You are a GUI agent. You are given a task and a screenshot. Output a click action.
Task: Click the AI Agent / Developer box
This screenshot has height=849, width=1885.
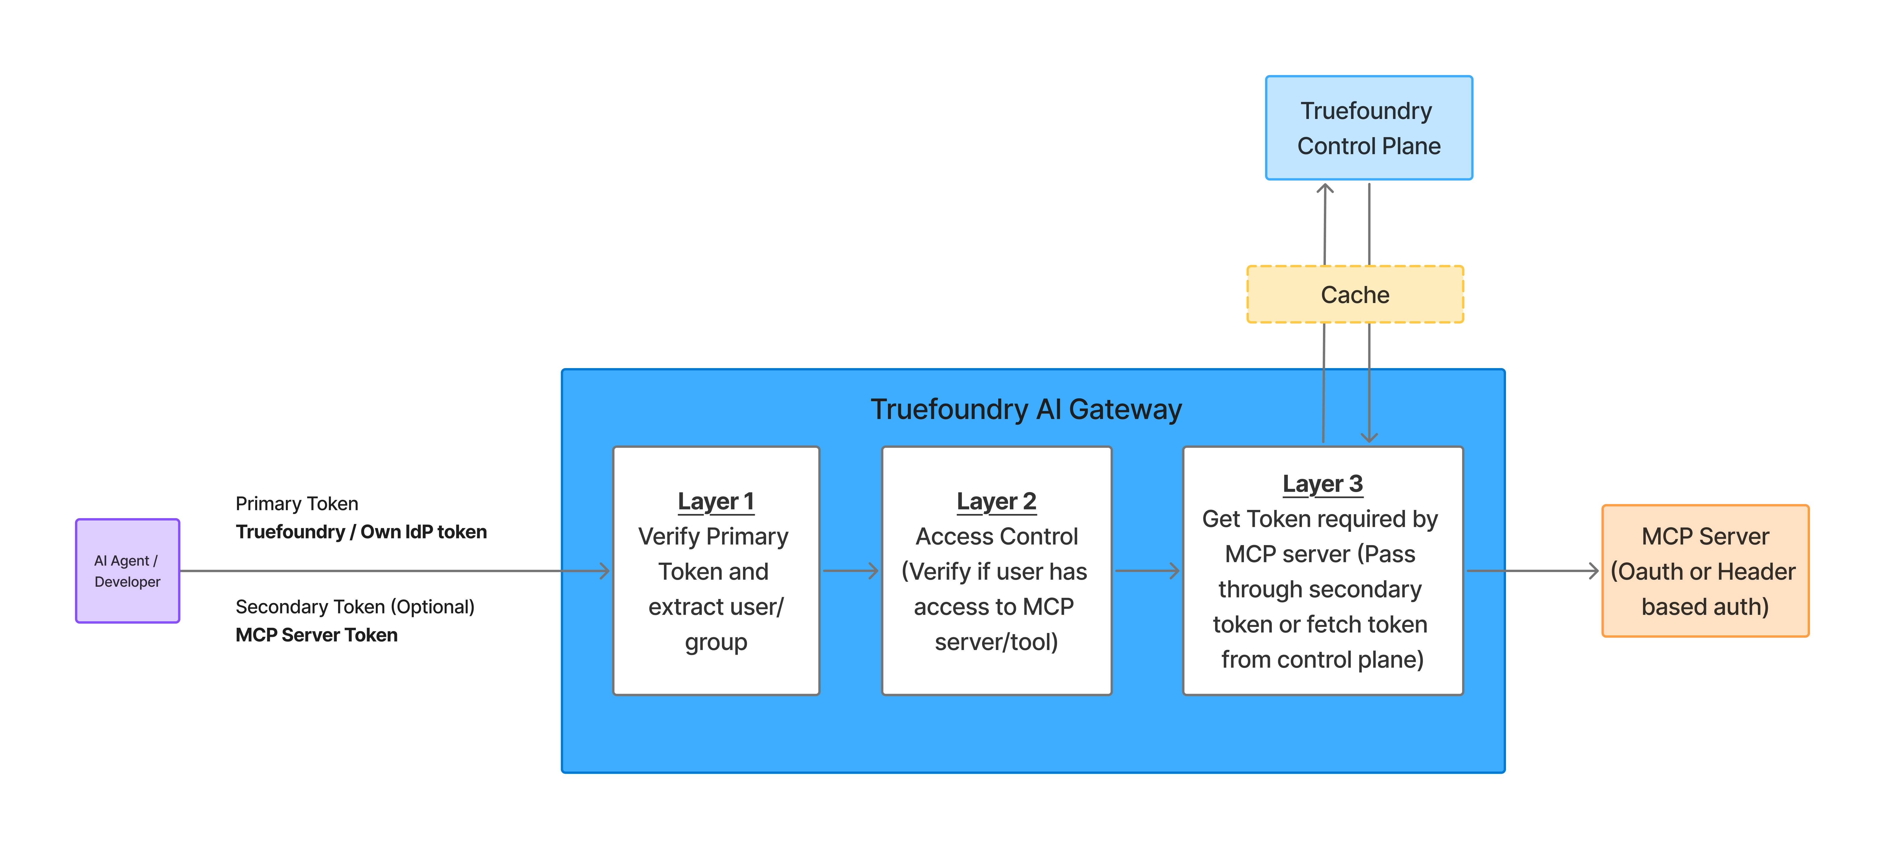127,571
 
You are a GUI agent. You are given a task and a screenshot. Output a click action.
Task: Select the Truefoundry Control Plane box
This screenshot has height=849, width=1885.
1368,128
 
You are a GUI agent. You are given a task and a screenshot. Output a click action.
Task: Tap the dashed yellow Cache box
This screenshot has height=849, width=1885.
1355,294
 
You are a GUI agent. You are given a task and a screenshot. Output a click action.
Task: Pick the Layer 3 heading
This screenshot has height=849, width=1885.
1322,484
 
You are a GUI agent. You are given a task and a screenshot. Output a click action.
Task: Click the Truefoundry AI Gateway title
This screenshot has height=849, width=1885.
1025,409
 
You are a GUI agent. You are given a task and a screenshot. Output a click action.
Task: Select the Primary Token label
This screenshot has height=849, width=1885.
296,503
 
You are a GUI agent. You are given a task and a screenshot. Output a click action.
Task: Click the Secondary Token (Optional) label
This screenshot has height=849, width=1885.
355,607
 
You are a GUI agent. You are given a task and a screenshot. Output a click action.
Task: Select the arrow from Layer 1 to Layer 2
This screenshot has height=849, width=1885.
850,571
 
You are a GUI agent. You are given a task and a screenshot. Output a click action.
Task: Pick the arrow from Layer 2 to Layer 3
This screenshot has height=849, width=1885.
1147,571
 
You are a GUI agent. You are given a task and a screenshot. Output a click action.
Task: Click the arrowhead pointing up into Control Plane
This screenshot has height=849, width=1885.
1324,189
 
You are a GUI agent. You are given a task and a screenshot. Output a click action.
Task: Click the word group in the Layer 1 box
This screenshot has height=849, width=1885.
716,642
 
